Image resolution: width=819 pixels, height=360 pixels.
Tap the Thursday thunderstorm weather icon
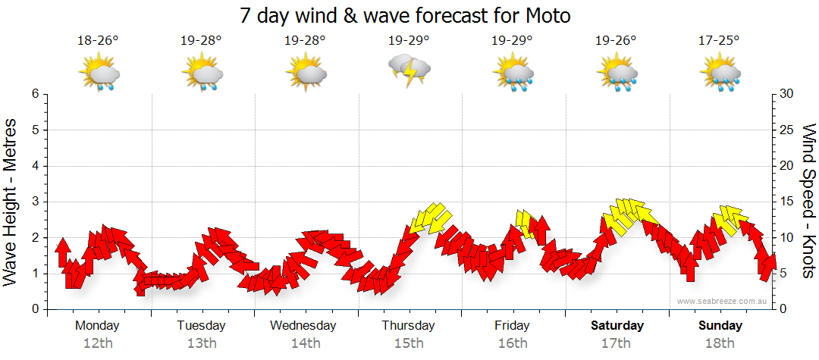coord(409,71)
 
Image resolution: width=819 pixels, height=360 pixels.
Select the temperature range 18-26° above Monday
coord(98,40)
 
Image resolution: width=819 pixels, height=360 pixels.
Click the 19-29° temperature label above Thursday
coord(409,40)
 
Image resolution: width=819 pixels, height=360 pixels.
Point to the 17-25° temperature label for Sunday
coord(720,40)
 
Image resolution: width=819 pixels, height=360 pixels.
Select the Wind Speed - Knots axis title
coord(808,202)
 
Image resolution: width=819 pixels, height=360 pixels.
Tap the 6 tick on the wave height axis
coord(35,94)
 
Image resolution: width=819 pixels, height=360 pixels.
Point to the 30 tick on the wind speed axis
coord(787,94)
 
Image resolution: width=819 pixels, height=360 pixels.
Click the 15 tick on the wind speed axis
coord(787,202)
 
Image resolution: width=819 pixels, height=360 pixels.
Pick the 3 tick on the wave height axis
coord(35,202)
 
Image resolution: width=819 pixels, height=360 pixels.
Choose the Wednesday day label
coord(303,326)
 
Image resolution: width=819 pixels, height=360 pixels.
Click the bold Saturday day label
coord(617,326)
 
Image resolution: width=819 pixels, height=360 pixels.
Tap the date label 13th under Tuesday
coord(202,343)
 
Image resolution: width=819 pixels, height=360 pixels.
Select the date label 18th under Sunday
coord(720,343)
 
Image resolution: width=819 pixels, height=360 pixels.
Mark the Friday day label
coord(513,326)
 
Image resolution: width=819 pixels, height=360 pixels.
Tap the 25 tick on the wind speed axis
coord(787,130)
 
